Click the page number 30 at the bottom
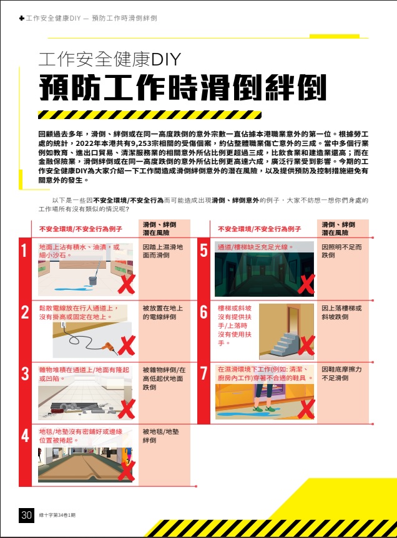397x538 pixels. (26, 515)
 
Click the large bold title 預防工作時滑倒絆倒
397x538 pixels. (182, 89)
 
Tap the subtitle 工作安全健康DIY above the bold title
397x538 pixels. (109, 59)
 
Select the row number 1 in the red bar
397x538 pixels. (24, 252)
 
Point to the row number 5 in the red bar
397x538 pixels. (203, 252)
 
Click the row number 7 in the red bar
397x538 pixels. (203, 373)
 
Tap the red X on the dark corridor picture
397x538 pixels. (306, 284)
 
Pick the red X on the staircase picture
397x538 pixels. (306, 344)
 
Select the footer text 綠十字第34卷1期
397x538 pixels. (57, 516)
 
